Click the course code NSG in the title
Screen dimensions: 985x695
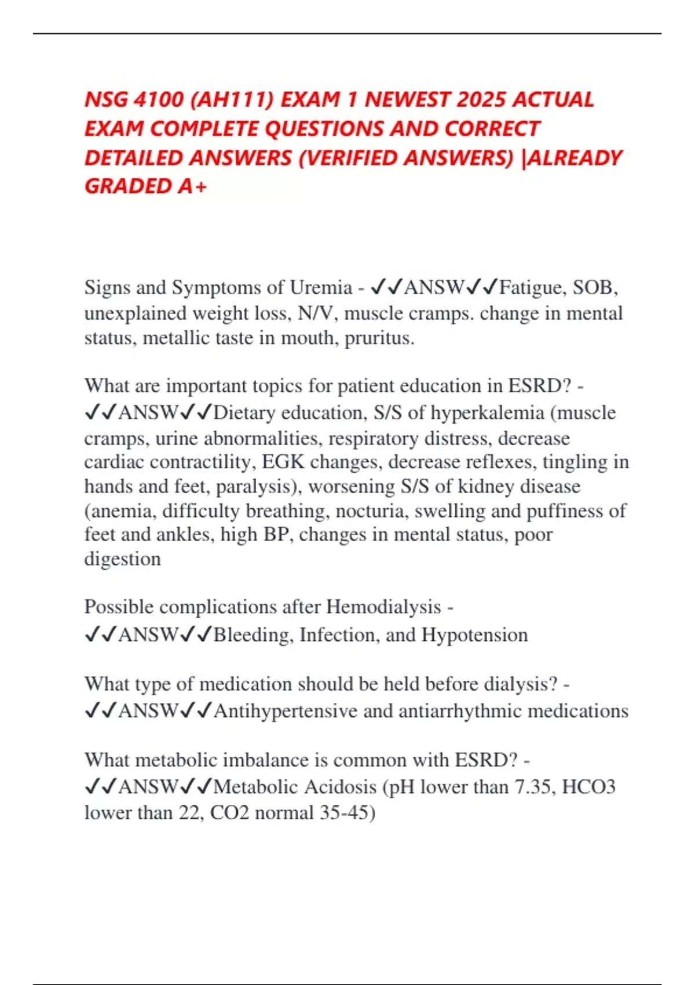click(106, 100)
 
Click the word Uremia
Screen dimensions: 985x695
click(321, 287)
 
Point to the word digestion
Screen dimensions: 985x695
click(123, 559)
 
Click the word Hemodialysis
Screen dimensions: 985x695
click(383, 607)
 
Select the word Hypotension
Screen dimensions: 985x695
click(474, 635)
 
